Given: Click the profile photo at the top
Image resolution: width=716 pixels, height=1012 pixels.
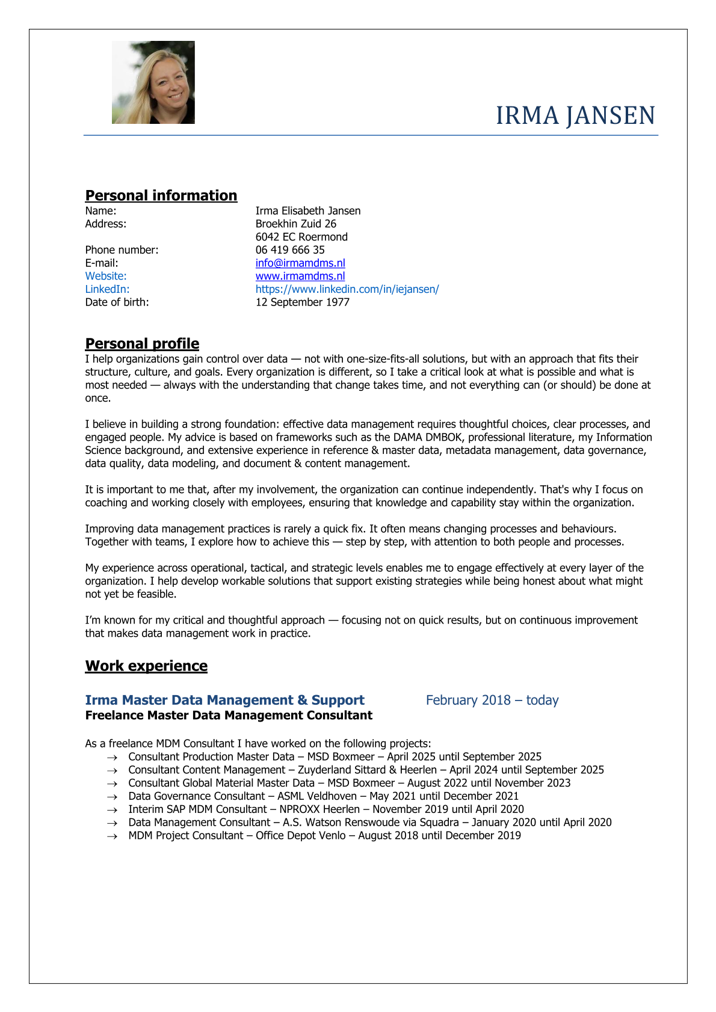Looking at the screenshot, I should click(153, 82).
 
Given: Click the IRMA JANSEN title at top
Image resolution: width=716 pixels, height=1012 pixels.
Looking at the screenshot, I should click(575, 115).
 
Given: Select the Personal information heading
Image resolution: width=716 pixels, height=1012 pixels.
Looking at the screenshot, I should click(161, 195).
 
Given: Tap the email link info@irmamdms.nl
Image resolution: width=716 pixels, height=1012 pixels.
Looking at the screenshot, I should click(300, 263).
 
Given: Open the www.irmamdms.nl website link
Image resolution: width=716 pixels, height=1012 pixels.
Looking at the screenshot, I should click(300, 276).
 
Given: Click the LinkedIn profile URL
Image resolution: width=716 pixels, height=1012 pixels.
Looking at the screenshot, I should click(347, 289).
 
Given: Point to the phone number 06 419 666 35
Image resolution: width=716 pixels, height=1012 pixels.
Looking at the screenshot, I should click(290, 250).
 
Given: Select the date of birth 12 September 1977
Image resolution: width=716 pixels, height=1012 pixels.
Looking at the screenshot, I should click(303, 302).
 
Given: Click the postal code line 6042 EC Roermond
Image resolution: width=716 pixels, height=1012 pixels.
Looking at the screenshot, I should click(301, 237).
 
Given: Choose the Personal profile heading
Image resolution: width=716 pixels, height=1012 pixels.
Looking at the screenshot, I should click(142, 343).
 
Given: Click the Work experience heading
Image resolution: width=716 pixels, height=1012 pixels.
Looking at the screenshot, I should click(146, 666).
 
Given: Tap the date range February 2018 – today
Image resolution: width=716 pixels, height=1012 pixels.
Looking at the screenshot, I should click(492, 700).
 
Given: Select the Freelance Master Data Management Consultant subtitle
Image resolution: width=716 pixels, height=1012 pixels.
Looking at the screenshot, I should click(229, 715).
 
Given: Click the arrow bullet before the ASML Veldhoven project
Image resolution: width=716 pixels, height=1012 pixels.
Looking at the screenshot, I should click(111, 797).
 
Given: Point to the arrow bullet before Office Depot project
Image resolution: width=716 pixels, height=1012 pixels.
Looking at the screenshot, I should click(111, 836).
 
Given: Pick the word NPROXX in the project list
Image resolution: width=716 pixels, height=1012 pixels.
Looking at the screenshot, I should click(299, 809).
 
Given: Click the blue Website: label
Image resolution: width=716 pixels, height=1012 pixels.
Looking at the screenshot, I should click(106, 276).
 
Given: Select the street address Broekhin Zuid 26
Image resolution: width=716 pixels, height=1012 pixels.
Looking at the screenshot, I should click(296, 224).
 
